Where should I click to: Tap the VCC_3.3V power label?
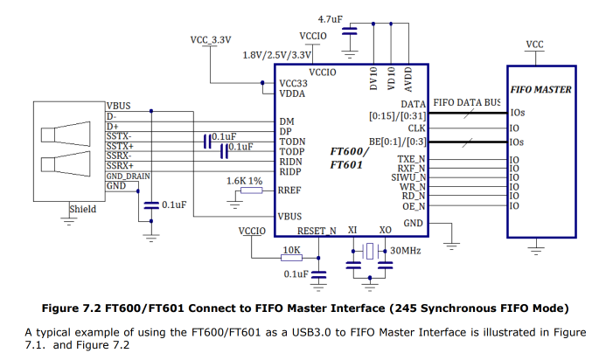click(x=212, y=40)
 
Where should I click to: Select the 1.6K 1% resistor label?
click(x=244, y=180)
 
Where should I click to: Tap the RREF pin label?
click(x=289, y=190)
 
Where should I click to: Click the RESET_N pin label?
click(x=317, y=232)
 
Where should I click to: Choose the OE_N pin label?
click(x=414, y=206)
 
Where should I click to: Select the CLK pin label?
click(x=417, y=128)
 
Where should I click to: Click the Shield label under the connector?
click(x=83, y=209)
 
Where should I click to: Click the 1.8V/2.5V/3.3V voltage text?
click(x=277, y=55)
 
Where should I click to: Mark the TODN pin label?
click(x=292, y=140)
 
